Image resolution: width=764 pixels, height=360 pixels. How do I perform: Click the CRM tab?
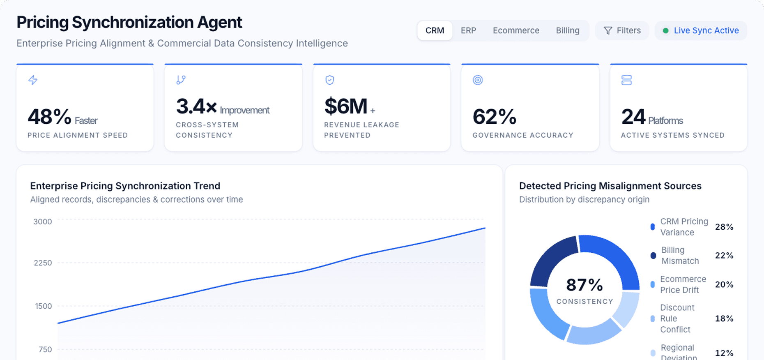coord(435,31)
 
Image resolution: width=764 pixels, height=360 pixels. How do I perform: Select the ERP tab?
coord(468,31)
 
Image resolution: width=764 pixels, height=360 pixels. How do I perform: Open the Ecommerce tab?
coord(516,31)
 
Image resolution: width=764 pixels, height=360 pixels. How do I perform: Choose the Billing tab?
coord(567,31)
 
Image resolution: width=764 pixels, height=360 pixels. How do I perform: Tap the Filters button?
coord(622,31)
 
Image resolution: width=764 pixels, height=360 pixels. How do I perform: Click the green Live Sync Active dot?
coord(665,31)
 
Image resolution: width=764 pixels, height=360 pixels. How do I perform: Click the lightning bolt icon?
coord(33,80)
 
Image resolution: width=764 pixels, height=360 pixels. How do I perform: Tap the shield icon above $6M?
coord(329,80)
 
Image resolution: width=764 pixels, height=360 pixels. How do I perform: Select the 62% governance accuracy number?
coord(494,117)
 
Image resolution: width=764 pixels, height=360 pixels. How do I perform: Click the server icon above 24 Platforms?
coord(626,80)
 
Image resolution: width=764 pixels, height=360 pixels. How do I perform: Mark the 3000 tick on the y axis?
coord(43,222)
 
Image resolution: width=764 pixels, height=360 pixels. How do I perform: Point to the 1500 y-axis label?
coord(43,306)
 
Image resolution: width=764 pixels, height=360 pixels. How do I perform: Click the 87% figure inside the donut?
coord(584,285)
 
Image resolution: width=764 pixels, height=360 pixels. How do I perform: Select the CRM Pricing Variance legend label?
coord(684,227)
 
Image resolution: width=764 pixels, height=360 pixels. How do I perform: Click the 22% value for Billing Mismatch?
coord(724,256)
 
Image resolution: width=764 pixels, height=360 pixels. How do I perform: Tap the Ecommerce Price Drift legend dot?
coord(653,284)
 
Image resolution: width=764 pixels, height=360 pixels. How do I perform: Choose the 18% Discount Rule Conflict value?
coord(724,318)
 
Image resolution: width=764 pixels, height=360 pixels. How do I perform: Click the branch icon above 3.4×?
coord(181,80)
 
